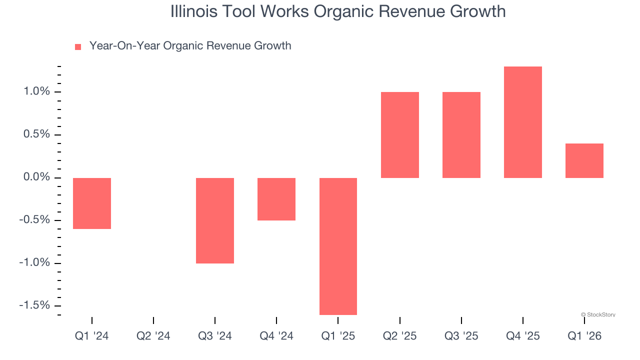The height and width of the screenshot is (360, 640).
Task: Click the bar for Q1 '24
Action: click(92, 203)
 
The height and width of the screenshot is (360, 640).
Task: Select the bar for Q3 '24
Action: click(215, 220)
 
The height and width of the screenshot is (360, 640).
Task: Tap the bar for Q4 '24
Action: click(276, 199)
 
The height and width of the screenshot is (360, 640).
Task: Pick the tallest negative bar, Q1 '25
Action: click(338, 246)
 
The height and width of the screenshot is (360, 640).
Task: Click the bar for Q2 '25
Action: click(400, 135)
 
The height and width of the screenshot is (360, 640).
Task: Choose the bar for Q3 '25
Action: click(461, 135)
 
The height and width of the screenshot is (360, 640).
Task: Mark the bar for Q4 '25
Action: click(523, 122)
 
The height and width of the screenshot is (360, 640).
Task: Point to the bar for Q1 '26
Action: click(584, 160)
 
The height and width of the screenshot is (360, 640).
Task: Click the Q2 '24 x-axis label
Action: click(153, 336)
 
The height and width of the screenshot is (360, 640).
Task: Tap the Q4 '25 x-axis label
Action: click(523, 336)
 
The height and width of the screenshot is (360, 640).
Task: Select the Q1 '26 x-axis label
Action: click(584, 336)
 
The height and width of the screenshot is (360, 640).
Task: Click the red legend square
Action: click(78, 47)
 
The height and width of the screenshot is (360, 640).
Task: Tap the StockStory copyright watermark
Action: click(598, 315)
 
